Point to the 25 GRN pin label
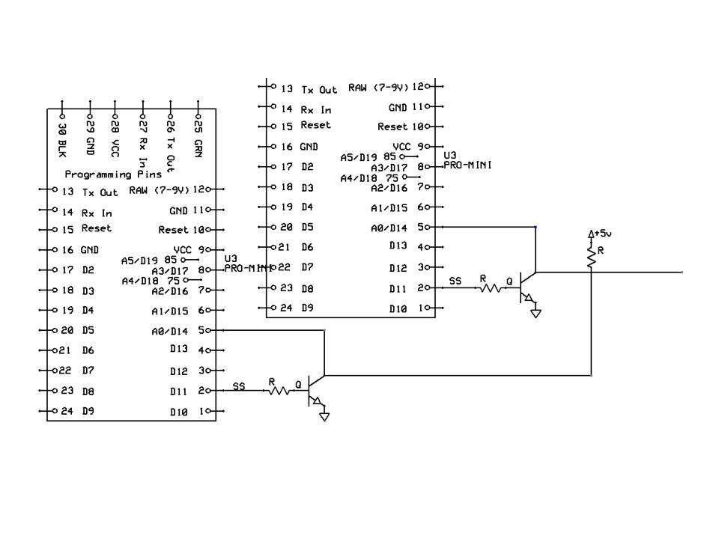198,133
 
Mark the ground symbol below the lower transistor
324,416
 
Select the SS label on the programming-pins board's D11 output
239,386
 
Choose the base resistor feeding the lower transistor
279,389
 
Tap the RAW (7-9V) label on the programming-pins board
160,190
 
